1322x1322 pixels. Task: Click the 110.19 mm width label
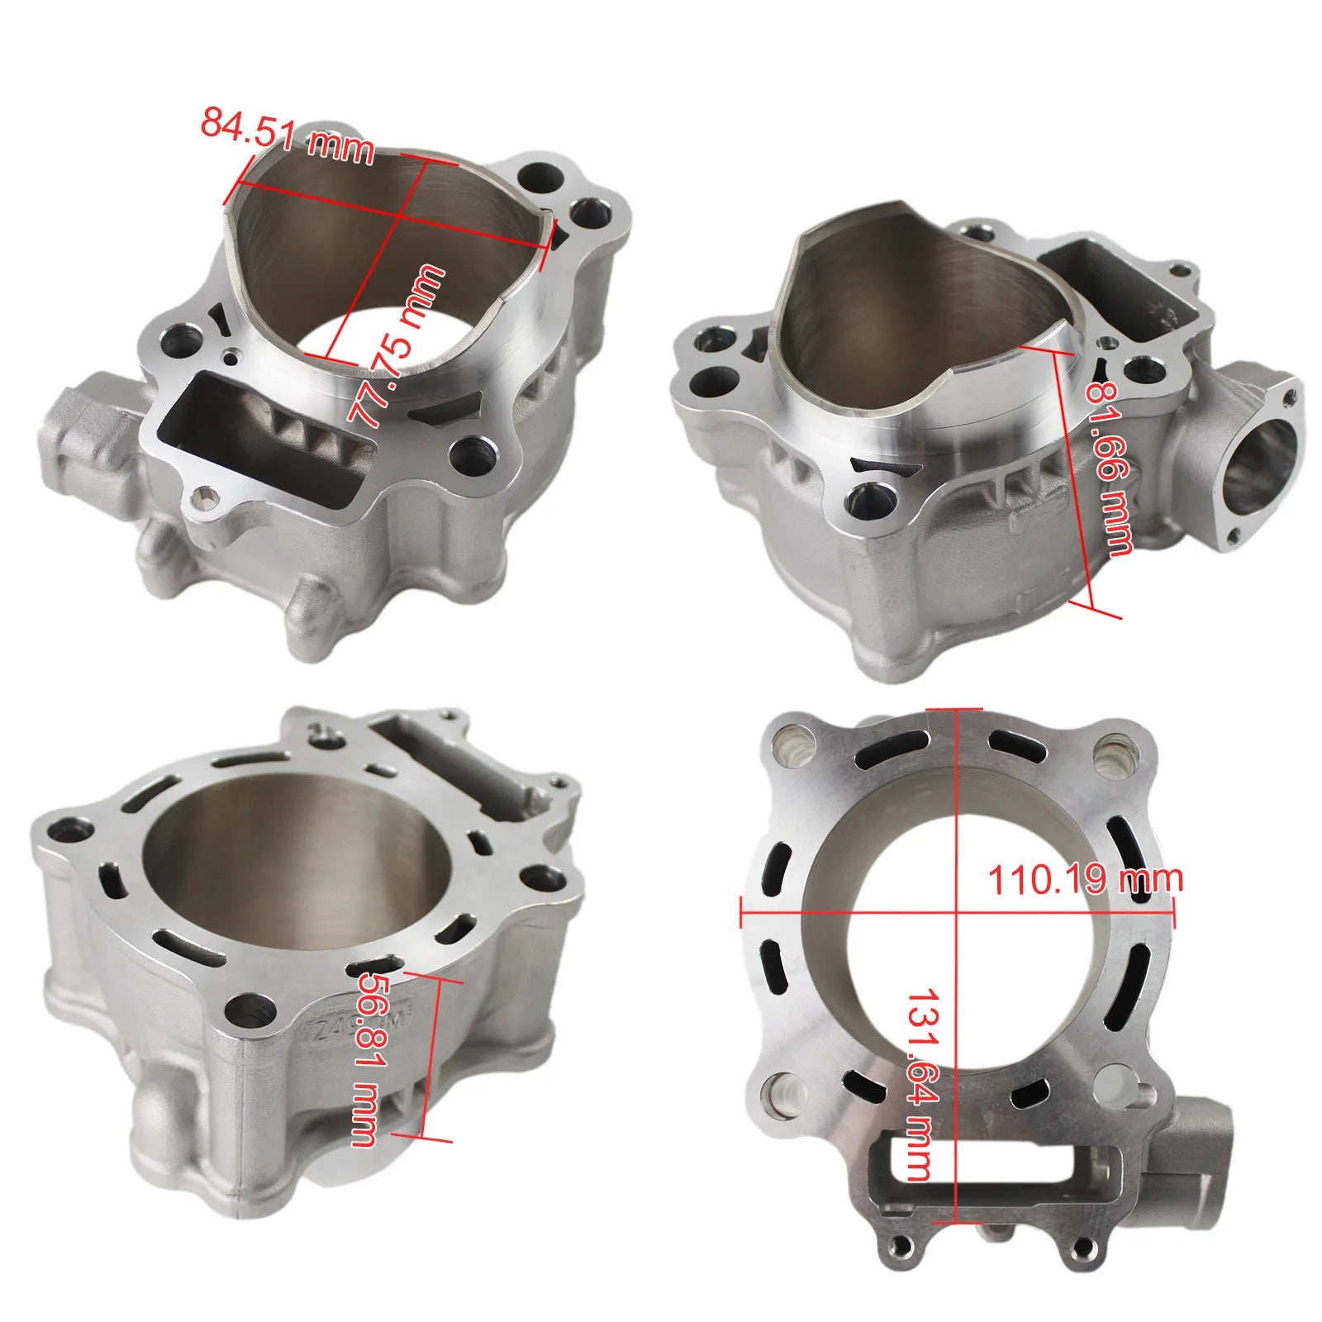[1085, 879]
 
